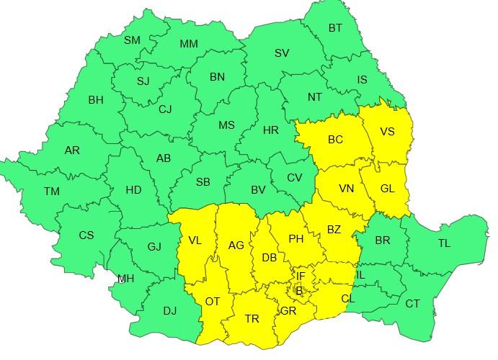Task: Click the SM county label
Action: tap(132, 40)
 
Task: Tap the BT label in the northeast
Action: tap(335, 28)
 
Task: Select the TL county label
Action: tap(444, 243)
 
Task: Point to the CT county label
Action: tap(412, 304)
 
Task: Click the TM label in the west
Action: tap(51, 192)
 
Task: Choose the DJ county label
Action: tap(169, 311)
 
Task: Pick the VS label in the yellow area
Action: tap(387, 132)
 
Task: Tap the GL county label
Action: tap(387, 189)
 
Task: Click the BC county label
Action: tap(335, 140)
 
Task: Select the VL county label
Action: tap(195, 240)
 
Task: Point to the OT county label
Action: tap(212, 302)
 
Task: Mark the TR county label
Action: tap(252, 319)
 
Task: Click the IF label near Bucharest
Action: tap(301, 276)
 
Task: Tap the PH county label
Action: tap(295, 239)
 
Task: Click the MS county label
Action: tap(226, 125)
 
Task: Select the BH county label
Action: tap(96, 100)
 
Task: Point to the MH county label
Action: tap(125, 279)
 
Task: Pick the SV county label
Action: tap(282, 53)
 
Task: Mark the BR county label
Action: tap(382, 240)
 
